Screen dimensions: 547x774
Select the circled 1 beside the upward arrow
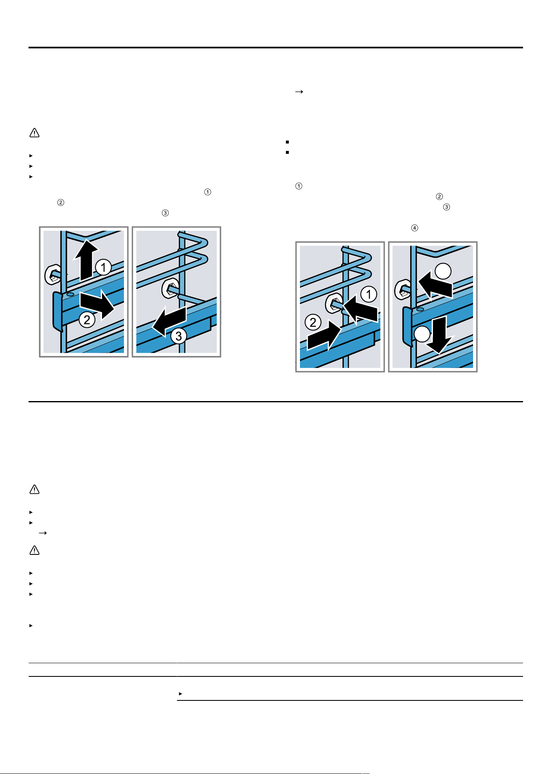point(104,267)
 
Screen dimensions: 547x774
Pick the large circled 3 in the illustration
point(178,336)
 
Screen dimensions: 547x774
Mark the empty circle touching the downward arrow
point(422,334)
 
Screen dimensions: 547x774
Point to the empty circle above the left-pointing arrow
point(443,271)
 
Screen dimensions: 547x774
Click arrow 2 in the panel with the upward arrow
point(97,305)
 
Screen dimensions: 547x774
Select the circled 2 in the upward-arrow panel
point(87,320)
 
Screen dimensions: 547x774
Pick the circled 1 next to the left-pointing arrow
point(369,294)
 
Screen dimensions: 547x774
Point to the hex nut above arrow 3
point(170,288)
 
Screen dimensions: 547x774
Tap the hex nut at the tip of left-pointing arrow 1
point(334,304)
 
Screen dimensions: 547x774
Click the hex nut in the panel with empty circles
point(403,289)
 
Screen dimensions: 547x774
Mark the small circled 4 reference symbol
point(414,228)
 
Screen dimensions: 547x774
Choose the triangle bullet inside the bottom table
point(181,693)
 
